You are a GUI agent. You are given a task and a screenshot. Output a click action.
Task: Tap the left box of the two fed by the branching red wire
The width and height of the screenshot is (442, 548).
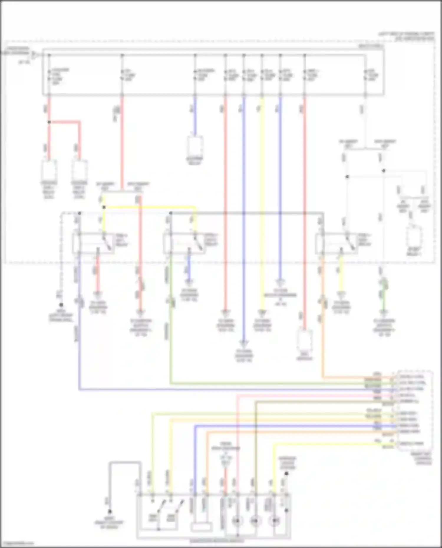[x=49, y=170]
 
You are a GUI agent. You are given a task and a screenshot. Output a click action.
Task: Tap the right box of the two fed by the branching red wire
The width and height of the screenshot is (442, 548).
[x=79, y=170]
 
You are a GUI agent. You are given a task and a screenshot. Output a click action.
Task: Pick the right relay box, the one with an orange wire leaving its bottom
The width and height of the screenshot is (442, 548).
[x=336, y=243]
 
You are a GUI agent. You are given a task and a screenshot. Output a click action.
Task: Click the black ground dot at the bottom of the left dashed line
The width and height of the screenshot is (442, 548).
[x=61, y=305]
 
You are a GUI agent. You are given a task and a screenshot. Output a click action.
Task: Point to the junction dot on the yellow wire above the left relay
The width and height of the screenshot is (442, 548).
[x=104, y=207]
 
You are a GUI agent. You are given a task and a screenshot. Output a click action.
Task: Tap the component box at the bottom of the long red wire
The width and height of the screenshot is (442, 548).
[x=305, y=342]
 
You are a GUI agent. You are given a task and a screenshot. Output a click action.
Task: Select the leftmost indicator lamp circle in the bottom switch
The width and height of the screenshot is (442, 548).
[x=237, y=521]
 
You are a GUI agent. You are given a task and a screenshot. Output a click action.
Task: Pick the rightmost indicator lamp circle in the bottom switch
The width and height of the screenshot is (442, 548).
[x=274, y=521]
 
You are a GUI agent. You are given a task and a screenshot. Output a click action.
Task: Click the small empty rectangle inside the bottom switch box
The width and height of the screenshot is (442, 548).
[x=202, y=527]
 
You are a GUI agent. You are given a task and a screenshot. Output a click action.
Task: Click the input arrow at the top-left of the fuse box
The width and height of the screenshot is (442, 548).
[x=35, y=54]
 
